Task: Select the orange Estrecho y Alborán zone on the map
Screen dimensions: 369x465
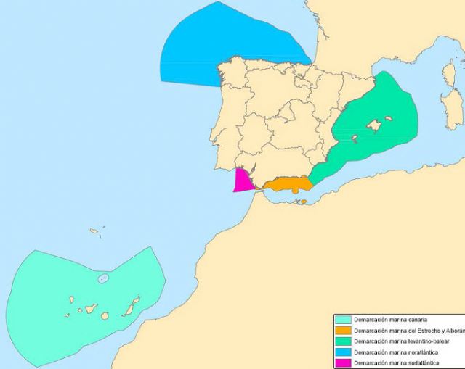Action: pos(287,184)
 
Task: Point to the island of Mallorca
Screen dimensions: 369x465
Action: pos(374,126)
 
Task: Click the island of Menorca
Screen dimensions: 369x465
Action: pos(389,118)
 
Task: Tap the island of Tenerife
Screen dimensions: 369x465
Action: pos(91,309)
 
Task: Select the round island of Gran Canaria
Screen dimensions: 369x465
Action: pos(105,315)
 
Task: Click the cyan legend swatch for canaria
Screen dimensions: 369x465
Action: pos(342,320)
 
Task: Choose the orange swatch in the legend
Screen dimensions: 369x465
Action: pos(342,331)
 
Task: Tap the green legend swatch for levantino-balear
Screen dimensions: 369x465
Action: pos(342,341)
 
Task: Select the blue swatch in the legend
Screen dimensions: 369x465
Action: pos(342,352)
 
